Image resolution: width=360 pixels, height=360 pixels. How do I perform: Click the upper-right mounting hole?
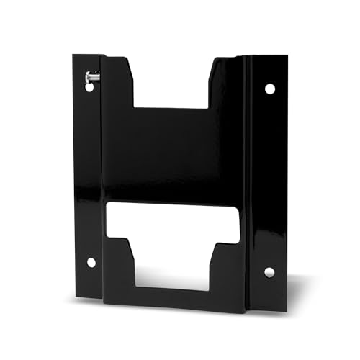click(270, 89)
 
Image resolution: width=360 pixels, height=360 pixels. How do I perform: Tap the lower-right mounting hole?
click(269, 271)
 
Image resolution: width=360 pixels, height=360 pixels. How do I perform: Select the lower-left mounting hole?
click(91, 263)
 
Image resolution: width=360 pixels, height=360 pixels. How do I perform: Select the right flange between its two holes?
click(270, 180)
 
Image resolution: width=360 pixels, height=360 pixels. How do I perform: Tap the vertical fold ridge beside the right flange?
click(248, 180)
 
